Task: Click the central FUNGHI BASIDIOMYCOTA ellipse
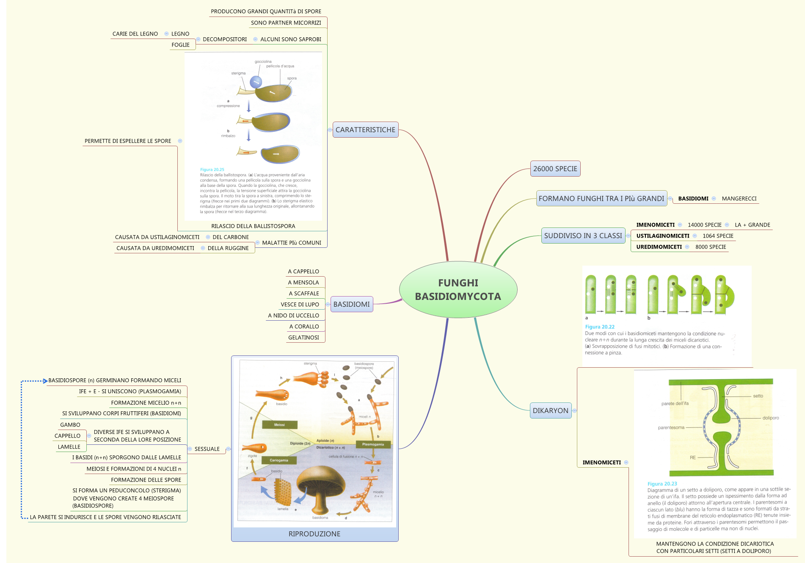coord(458,289)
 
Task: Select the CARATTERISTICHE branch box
coord(365,130)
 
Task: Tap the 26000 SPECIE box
coord(555,169)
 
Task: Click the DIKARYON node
coord(550,410)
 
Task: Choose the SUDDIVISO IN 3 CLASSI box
coord(583,236)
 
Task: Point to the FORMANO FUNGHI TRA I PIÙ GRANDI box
coord(601,198)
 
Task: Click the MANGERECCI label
coord(739,198)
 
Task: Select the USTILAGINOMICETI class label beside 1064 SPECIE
coord(662,236)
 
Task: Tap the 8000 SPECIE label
coord(710,247)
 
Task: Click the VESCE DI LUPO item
coord(300,304)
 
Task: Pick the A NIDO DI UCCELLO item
coord(293,315)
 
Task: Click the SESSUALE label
coord(207,449)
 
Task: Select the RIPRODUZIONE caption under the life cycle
coord(314,534)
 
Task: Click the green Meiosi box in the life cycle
coord(279,424)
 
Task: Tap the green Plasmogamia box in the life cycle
coord(373,444)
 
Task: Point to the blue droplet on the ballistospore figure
coord(256,81)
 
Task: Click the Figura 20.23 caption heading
coord(662,484)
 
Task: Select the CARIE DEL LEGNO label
coord(135,34)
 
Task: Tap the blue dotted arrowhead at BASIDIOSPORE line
coord(45,381)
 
